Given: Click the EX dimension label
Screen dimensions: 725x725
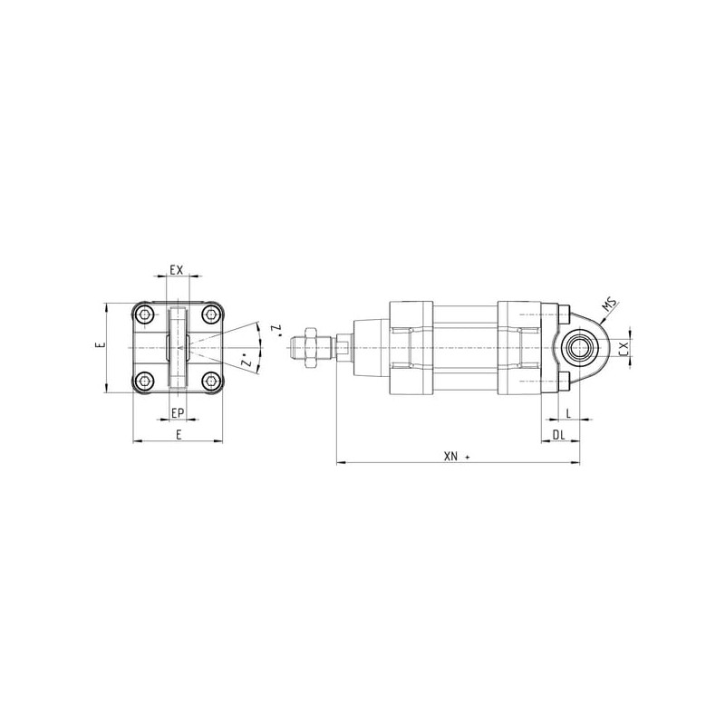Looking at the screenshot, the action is point(177,269).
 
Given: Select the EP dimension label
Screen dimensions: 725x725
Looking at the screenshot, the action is point(178,413).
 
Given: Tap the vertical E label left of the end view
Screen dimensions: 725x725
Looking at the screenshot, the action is point(102,344).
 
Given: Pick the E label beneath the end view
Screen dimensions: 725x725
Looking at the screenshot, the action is point(179,434).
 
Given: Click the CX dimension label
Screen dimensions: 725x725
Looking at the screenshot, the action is point(623,348).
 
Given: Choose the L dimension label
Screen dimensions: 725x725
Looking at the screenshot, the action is point(569,413).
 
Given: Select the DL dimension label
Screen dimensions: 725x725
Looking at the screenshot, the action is point(559,435).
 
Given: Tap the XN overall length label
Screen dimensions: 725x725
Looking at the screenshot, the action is point(450,457).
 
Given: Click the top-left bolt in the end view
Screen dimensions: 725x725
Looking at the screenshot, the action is point(146,315).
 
